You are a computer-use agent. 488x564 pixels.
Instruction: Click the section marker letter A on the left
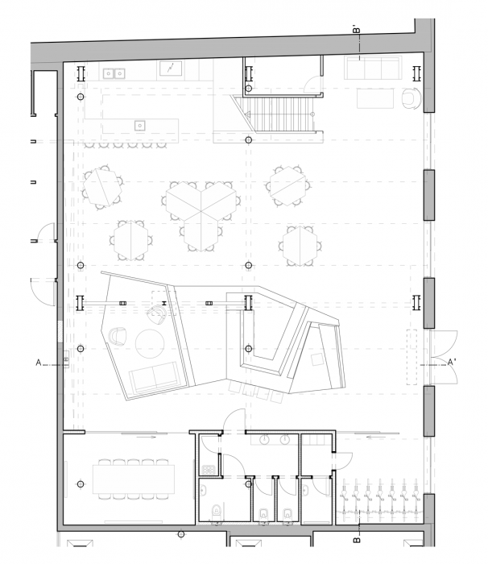tap(38, 363)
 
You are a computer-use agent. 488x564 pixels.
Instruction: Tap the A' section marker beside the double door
tap(452, 363)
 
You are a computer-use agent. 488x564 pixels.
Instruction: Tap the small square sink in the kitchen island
tap(139, 125)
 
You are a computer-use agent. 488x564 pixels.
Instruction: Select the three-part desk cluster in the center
tap(202, 209)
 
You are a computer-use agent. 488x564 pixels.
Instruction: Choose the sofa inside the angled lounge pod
tap(155, 377)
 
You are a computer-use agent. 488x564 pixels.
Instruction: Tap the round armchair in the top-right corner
tap(410, 99)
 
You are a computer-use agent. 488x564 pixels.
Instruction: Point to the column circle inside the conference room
tap(80, 483)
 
